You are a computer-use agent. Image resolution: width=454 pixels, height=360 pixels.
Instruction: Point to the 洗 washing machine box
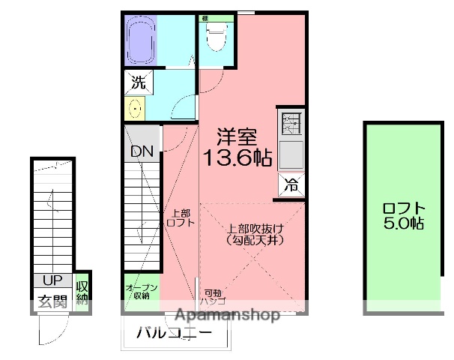pyautogui.click(x=138, y=83)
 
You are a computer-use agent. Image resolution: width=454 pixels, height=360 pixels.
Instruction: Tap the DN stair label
pyautogui.click(x=142, y=151)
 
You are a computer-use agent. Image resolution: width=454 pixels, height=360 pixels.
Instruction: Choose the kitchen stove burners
pyautogui.click(x=290, y=122)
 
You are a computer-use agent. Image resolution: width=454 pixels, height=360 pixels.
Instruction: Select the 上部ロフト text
pyautogui.click(x=180, y=217)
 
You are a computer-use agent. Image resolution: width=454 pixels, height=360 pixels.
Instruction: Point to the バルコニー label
pyautogui.click(x=174, y=333)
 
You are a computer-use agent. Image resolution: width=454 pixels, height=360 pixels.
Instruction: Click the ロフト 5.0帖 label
pyautogui.click(x=404, y=216)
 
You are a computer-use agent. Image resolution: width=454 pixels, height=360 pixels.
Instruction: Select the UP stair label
pyautogui.click(x=52, y=281)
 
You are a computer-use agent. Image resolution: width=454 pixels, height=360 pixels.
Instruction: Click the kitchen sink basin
pyautogui.click(x=290, y=155)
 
